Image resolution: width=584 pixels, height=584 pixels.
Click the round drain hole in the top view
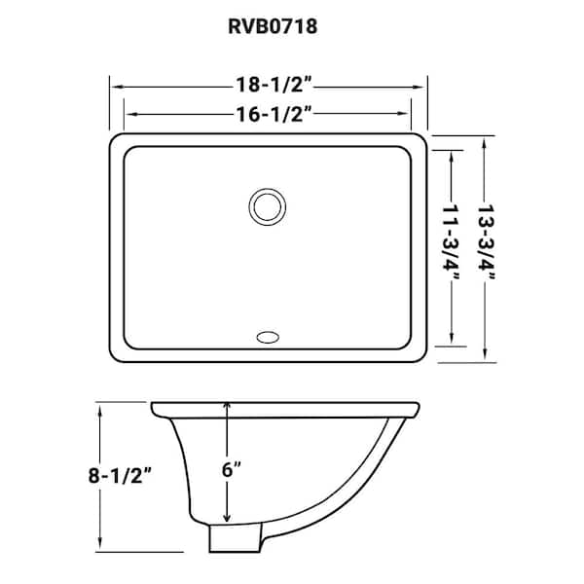pos(266,206)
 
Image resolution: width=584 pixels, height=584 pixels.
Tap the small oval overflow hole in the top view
pos(266,339)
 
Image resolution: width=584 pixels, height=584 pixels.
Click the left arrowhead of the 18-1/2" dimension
pos(113,84)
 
